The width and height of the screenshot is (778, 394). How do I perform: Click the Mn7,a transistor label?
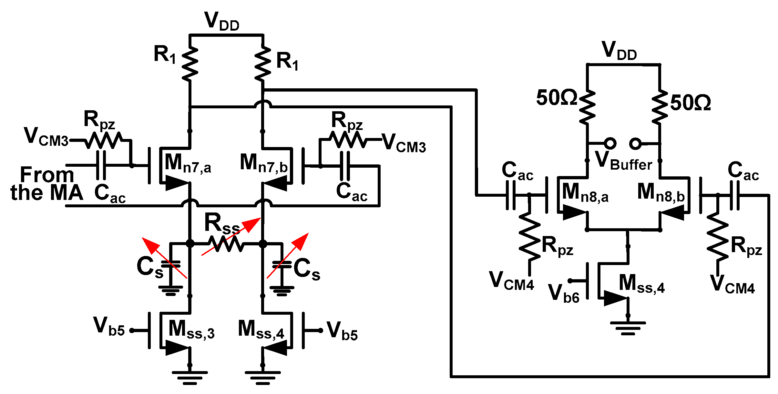click(188, 163)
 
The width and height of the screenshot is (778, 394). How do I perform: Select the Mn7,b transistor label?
click(264, 163)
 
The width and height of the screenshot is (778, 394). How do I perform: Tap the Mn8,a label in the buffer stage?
click(585, 193)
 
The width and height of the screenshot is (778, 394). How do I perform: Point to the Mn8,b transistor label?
click(661, 193)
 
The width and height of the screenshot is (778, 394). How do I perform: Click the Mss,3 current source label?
click(191, 330)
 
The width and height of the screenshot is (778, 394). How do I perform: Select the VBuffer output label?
click(623, 160)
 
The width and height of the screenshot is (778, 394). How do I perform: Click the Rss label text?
click(222, 223)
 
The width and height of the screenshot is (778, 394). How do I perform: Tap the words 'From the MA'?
click(47, 184)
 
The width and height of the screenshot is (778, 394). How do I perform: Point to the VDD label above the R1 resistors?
click(222, 21)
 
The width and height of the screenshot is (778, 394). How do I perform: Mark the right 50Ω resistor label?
click(691, 103)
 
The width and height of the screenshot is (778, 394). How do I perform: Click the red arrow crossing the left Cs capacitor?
click(164, 258)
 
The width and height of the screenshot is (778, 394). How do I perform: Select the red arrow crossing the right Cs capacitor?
click(288, 255)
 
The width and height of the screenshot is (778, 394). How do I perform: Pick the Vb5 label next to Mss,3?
click(109, 326)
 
